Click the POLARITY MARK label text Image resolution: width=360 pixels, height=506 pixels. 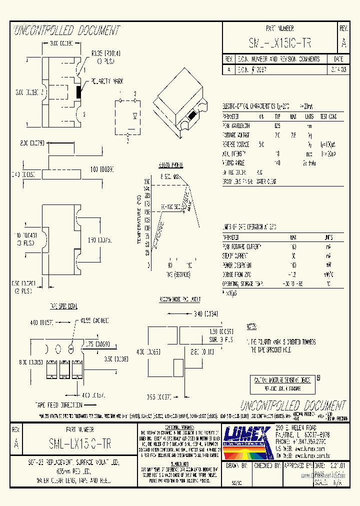(x=107, y=81)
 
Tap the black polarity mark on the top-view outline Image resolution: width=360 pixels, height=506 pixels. (x=77, y=91)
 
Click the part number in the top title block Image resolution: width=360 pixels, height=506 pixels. (x=279, y=43)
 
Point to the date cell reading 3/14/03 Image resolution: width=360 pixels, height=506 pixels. (x=340, y=70)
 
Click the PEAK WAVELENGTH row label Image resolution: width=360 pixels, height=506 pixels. (x=236, y=126)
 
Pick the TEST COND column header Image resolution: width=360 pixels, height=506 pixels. (x=328, y=116)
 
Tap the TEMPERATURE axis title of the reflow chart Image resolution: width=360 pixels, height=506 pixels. (x=138, y=219)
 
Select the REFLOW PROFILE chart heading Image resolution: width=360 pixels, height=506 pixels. (x=170, y=164)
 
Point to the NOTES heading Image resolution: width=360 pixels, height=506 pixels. (x=251, y=326)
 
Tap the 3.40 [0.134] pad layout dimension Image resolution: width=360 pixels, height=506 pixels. (x=206, y=314)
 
